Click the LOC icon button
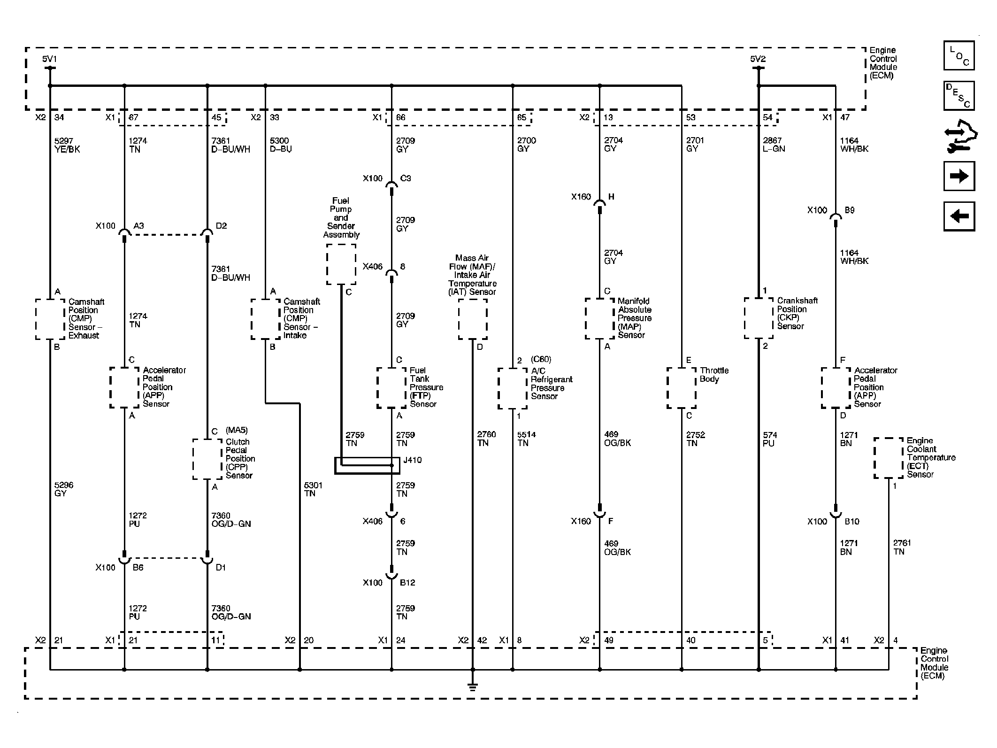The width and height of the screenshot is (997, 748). (959, 56)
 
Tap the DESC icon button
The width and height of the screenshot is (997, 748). (959, 96)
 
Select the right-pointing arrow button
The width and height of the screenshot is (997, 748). (959, 176)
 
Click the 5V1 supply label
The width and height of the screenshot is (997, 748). (49, 59)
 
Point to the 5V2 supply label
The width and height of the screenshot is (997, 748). (758, 59)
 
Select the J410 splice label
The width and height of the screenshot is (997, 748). (412, 460)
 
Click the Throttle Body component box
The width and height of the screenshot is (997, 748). (681, 388)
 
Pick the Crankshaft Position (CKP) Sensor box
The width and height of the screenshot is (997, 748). (758, 318)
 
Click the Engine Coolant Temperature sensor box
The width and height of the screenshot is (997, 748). (888, 458)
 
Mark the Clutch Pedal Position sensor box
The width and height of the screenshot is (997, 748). (207, 459)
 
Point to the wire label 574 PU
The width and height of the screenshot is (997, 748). (769, 439)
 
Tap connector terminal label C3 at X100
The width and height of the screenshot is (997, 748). (405, 178)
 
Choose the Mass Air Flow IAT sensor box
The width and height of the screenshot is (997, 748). (472, 319)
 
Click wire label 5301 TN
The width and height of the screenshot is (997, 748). (313, 489)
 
